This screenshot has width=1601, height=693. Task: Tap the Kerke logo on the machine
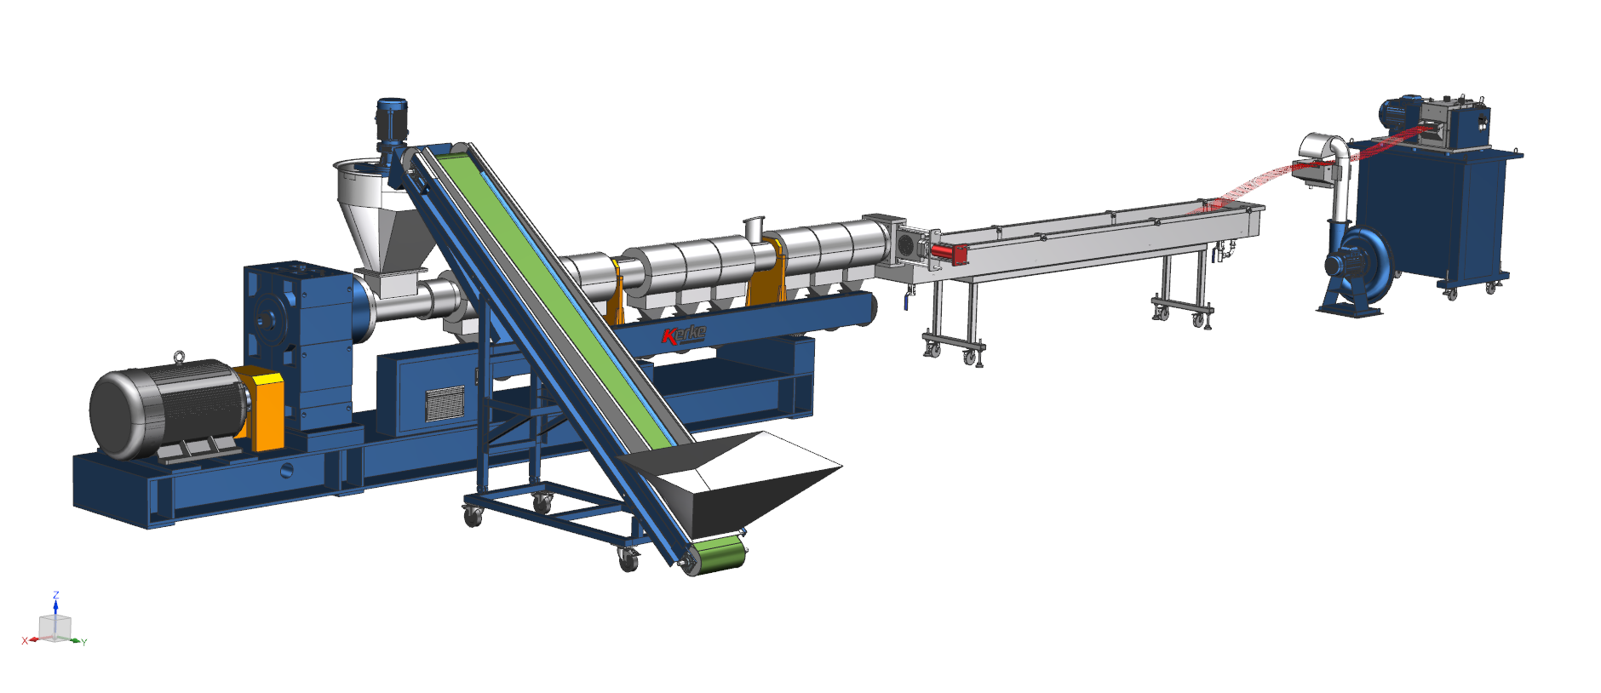[x=684, y=334]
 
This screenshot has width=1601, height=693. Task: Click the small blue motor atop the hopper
[x=392, y=126]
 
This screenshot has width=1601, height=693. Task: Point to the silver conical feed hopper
[x=375, y=213]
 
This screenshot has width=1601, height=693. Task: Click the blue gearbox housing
[x=298, y=341]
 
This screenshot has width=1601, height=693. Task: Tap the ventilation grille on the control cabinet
[x=445, y=403]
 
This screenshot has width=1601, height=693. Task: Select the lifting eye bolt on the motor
[x=179, y=356]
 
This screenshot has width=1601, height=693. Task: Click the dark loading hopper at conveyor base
[x=732, y=481]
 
